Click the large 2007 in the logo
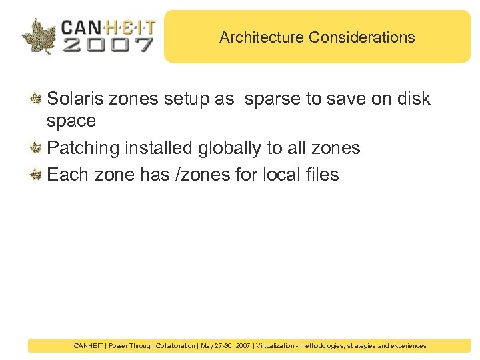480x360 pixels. pyautogui.click(x=108, y=45)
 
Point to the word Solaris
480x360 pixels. pyautogui.click(x=74, y=99)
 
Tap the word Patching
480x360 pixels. pyautogui.click(x=85, y=148)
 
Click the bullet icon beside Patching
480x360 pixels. pyautogui.click(x=37, y=149)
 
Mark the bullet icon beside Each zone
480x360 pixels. pyautogui.click(x=37, y=175)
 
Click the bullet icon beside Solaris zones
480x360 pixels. pyautogui.click(x=37, y=100)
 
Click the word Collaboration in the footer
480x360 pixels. pyautogui.click(x=172, y=346)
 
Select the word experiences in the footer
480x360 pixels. pyautogui.click(x=406, y=346)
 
